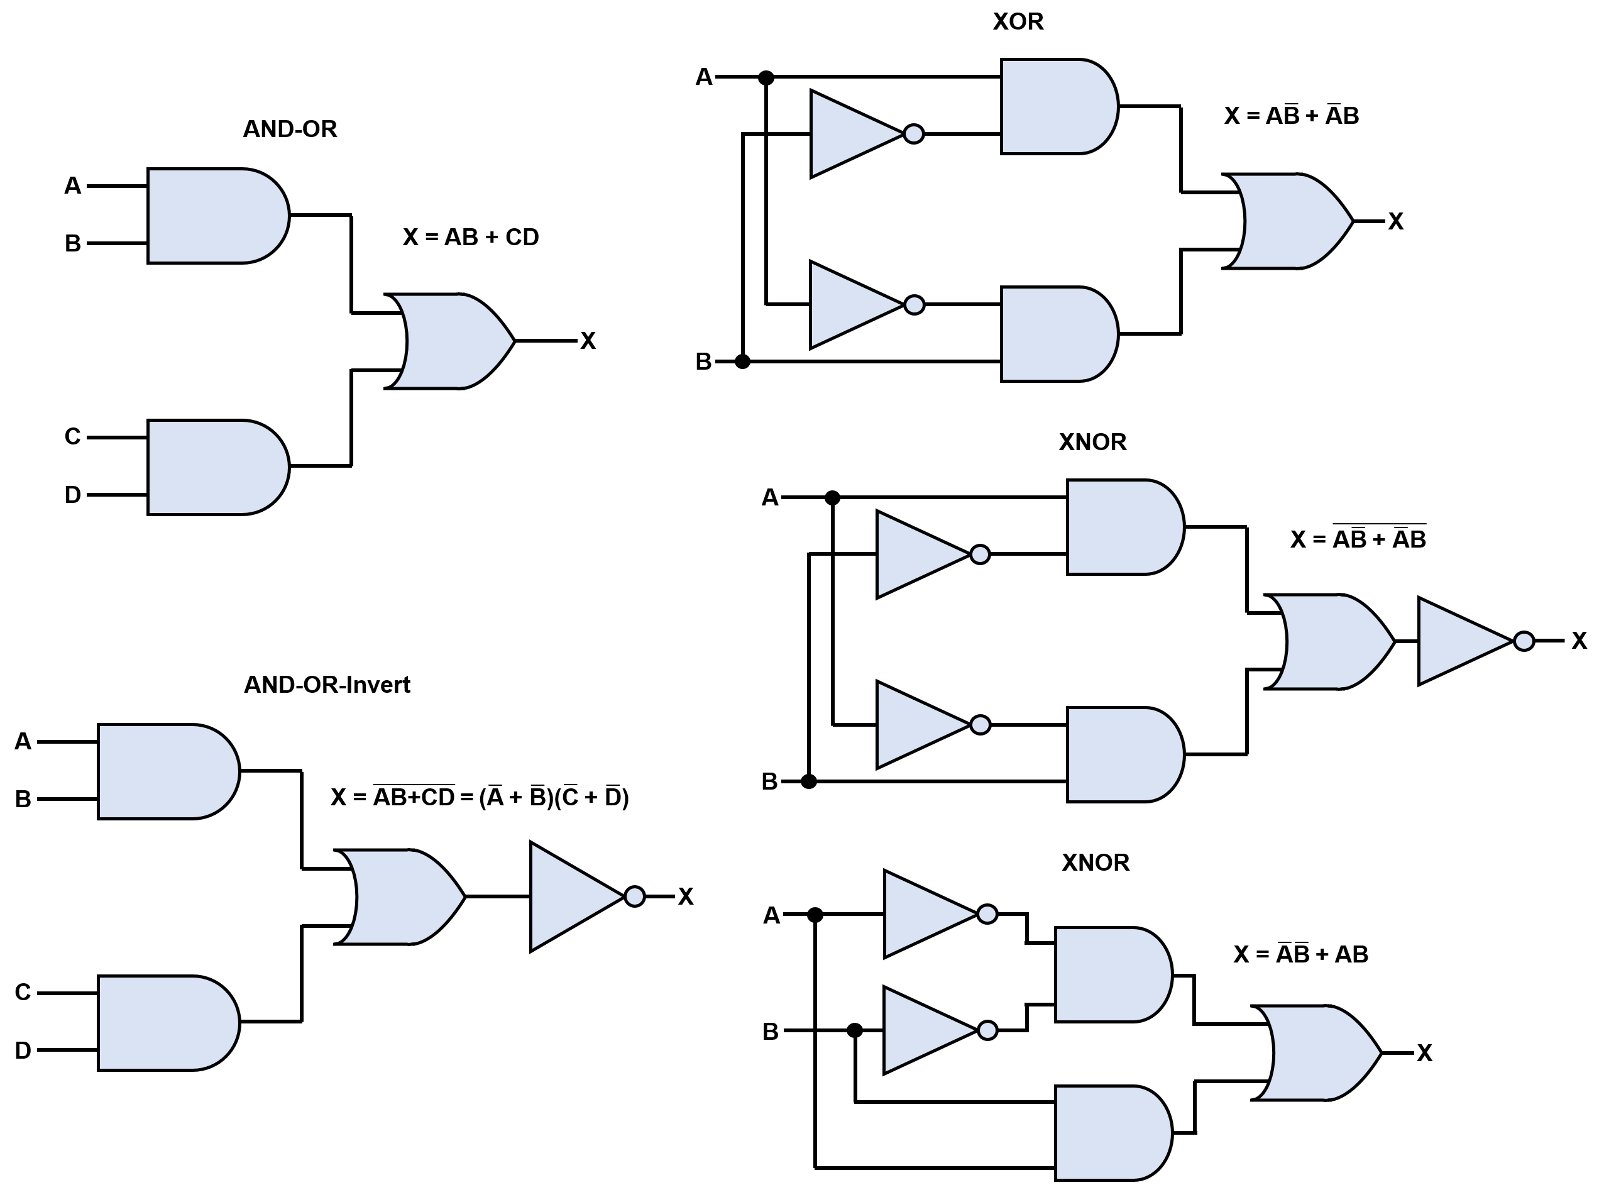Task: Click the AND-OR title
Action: pyautogui.click(x=289, y=129)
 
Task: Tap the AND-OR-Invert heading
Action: pyautogui.click(x=326, y=685)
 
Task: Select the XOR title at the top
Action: pyautogui.click(x=1018, y=22)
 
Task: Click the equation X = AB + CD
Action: pyautogui.click(x=471, y=237)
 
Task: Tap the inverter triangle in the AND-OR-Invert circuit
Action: pyautogui.click(x=569, y=896)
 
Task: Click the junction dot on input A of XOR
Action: pyautogui.click(x=766, y=77)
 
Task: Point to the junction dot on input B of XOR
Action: pyautogui.click(x=742, y=361)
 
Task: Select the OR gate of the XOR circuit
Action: pyautogui.click(x=1291, y=221)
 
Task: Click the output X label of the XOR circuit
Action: pyautogui.click(x=1395, y=222)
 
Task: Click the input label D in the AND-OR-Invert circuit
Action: pyautogui.click(x=23, y=1050)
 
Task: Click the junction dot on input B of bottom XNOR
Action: pyautogui.click(x=855, y=1030)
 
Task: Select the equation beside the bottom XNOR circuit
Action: pyautogui.click(x=1300, y=954)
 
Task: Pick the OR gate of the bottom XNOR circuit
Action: pyautogui.click(x=1320, y=1052)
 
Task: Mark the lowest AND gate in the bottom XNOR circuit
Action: pyautogui.click(x=1109, y=1133)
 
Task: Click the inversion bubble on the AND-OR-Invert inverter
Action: pyautogui.click(x=634, y=896)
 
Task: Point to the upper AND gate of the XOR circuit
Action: pyautogui.click(x=1055, y=107)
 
